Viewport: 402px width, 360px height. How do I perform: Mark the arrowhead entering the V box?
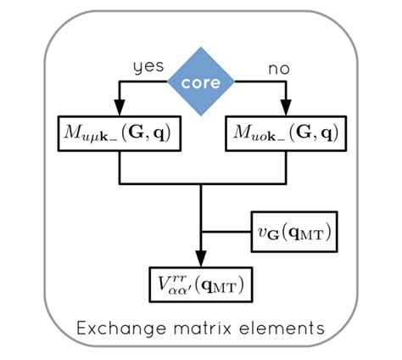click(201, 258)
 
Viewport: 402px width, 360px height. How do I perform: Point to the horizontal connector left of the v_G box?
click(226, 232)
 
